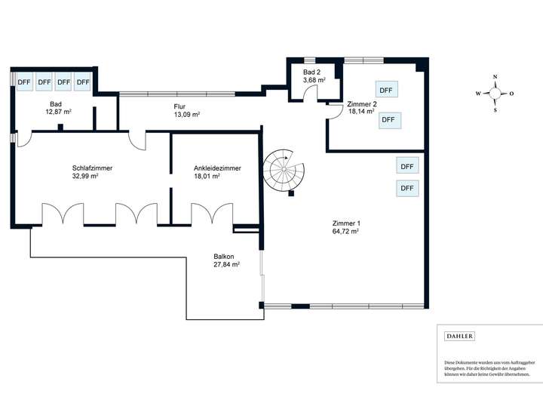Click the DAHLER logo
[x=459, y=336]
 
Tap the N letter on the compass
[x=495, y=76]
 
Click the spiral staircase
[x=284, y=170]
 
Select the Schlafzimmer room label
[x=92, y=168]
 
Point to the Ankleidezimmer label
[x=217, y=168]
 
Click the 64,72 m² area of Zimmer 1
[x=345, y=232]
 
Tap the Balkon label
[x=224, y=257]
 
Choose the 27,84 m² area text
[x=227, y=265]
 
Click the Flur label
[x=179, y=106]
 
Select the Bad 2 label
[x=311, y=72]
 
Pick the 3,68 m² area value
[x=314, y=81]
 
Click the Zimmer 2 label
[x=362, y=104]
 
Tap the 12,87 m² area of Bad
[x=59, y=112]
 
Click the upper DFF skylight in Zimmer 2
[x=386, y=90]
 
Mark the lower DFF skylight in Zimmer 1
[x=407, y=188]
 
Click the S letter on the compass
[x=495, y=110]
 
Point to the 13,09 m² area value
[x=187, y=115]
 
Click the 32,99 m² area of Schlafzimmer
[x=85, y=176]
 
